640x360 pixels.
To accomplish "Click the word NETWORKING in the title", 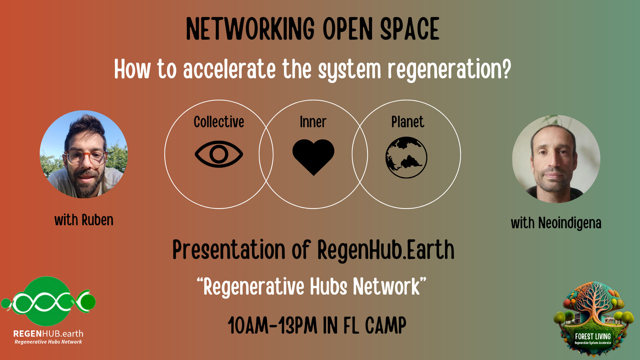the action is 250,29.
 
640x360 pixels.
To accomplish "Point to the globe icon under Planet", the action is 406,157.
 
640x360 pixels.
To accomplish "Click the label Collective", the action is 219,122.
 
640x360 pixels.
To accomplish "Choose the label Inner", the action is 313,122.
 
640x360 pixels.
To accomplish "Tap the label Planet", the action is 408,122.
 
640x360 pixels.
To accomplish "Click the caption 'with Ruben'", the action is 84,220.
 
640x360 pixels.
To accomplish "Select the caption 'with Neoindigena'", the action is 556,223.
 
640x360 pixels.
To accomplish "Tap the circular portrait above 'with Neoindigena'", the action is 556,159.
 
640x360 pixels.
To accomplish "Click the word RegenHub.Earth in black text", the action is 386,250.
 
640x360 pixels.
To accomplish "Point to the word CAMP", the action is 386,325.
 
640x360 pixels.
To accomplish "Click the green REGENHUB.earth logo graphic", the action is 48,301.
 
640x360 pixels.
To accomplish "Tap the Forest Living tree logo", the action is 593,319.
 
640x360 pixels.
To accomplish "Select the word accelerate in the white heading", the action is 229,69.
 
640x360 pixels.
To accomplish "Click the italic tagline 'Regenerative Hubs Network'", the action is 48,342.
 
